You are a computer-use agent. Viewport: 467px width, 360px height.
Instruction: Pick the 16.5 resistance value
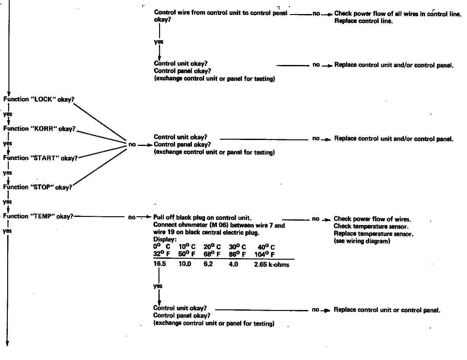point(160,264)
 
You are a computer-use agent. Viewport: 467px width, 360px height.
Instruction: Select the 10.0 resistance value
point(185,264)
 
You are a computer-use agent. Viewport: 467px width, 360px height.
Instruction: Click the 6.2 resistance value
point(208,264)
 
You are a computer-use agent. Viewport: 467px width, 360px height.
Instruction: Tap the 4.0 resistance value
point(233,264)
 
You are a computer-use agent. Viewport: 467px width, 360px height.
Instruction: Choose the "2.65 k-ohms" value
point(272,265)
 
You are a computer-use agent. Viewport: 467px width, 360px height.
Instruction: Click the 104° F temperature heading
point(264,254)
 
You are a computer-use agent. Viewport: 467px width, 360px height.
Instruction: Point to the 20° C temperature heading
point(212,247)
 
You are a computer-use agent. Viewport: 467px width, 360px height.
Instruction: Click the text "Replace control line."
point(363,21)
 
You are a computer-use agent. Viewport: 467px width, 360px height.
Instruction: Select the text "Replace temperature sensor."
point(374,234)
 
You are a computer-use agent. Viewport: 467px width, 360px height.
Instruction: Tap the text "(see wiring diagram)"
point(362,241)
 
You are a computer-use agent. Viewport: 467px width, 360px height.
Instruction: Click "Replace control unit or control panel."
point(387,310)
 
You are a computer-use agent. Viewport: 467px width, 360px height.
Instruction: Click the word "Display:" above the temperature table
point(165,240)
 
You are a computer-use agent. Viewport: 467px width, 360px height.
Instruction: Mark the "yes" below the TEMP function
point(7,231)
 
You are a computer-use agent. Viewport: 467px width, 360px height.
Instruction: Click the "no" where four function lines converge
point(132,144)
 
